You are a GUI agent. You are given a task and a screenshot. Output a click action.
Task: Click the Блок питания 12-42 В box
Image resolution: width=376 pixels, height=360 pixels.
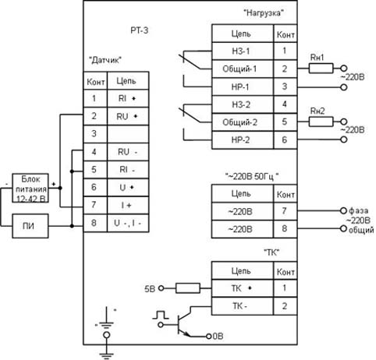pos(30,188)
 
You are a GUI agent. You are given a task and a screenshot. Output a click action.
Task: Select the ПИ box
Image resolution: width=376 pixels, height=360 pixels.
pos(30,226)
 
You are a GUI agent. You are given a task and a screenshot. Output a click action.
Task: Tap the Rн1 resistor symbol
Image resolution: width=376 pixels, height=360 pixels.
pos(321,69)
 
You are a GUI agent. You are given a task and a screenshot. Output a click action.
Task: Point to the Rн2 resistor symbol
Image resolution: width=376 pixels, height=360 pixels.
pos(321,122)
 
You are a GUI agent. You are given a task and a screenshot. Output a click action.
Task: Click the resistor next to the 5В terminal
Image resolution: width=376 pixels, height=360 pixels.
pos(188,288)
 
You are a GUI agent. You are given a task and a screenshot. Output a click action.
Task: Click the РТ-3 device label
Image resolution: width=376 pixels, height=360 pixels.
pos(140,30)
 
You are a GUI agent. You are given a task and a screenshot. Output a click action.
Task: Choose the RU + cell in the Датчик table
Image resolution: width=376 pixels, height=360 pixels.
pos(128,116)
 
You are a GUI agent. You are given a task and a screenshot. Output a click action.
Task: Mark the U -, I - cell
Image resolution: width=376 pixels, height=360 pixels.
pos(128,223)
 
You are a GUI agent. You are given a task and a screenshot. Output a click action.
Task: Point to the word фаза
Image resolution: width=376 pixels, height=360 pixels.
pos(358,210)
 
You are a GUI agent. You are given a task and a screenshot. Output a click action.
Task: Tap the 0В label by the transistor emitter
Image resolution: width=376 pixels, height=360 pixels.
pos(218,336)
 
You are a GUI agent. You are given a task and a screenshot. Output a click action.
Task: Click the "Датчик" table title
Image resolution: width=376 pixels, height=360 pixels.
pos(105,60)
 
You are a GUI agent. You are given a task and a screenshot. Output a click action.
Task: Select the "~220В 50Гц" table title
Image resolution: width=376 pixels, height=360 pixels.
pos(252,177)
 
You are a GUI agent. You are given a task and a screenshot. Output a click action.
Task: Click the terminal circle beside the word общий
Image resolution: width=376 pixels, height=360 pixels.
pos(343,228)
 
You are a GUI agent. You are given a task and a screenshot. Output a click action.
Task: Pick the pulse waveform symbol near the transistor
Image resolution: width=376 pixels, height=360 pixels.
pos(161,315)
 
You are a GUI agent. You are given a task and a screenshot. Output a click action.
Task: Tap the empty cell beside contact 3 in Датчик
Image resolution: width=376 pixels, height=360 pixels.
pos(128,134)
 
